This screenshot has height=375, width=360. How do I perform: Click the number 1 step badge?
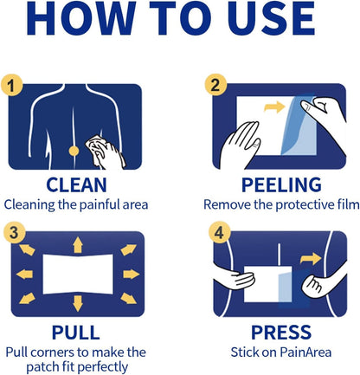11,86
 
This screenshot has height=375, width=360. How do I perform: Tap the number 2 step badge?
215,85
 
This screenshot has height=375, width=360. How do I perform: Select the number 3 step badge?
14,233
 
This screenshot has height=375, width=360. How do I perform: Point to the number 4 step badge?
220,232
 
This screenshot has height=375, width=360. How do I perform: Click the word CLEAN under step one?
76,185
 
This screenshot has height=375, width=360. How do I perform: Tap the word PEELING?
281,185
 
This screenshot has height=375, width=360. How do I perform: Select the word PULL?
76,333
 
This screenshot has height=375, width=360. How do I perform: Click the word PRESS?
281,333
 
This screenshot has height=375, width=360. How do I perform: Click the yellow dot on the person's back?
74,151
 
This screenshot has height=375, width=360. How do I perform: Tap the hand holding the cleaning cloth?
106,152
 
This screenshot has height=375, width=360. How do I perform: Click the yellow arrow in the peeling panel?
274,107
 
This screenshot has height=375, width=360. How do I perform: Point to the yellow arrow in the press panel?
311,258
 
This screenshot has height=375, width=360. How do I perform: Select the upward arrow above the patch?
78,245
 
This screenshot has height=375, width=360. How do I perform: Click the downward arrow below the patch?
78,303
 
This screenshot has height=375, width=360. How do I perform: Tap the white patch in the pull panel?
78,275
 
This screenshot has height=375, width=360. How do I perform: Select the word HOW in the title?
81,18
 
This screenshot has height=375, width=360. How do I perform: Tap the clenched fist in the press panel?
314,283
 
